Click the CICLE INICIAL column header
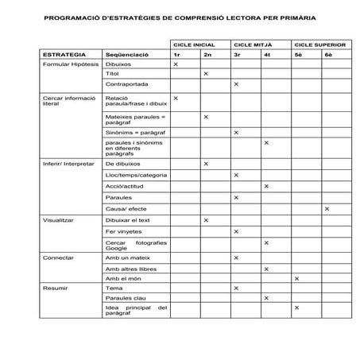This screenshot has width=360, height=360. [x=199, y=45]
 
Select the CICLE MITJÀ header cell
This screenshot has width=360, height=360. [x=256, y=45]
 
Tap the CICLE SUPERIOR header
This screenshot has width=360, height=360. [x=319, y=45]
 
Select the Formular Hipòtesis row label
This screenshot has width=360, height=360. [x=70, y=64]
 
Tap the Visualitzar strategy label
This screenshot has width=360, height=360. [x=58, y=220]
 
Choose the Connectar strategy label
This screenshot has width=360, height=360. [x=58, y=257]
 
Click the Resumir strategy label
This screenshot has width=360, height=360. [x=55, y=288]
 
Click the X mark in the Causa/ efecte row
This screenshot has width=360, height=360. [x=326, y=208]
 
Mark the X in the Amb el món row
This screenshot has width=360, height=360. [x=296, y=278]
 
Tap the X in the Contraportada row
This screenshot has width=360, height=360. [x=236, y=84]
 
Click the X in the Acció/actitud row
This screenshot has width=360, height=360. [x=266, y=186]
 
